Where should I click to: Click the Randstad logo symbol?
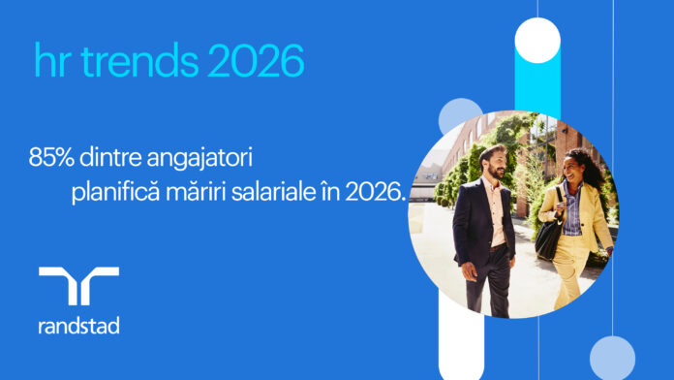point(78,287)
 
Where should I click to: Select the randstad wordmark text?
point(78,326)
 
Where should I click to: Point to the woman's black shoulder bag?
point(549,233)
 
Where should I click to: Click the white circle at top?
point(537,40)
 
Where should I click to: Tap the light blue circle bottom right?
point(612,358)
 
